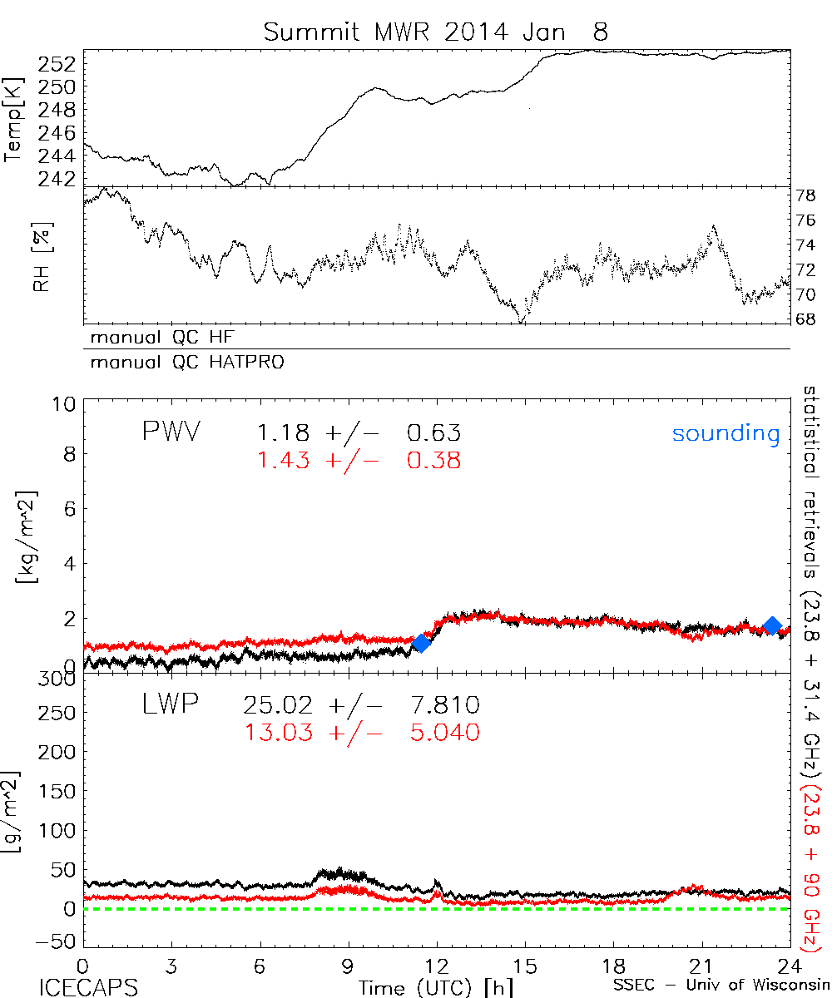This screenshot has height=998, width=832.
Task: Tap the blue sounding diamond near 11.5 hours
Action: [x=421, y=643]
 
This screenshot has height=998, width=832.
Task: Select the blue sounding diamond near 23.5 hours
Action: [x=772, y=626]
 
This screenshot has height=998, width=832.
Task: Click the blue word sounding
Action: [x=726, y=433]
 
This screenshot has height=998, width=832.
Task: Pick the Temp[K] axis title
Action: [x=16, y=120]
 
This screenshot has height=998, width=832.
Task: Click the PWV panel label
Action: [x=171, y=433]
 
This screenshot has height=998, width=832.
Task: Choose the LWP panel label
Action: [x=169, y=706]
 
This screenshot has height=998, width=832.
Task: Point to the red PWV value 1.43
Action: [x=283, y=460]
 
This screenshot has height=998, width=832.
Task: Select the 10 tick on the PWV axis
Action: [x=66, y=405]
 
